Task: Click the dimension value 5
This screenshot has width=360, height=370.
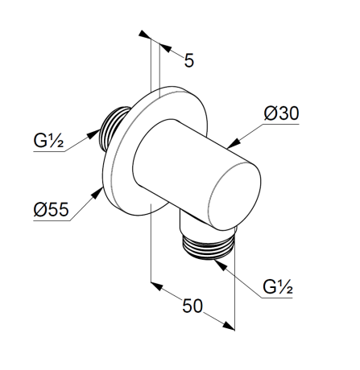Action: click(189, 60)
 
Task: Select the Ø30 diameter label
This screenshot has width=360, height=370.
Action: click(281, 113)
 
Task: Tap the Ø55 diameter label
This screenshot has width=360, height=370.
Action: click(51, 209)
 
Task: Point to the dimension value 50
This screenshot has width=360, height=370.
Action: click(192, 306)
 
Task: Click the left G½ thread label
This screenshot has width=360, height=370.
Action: click(48, 141)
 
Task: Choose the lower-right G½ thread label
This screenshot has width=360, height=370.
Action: click(278, 287)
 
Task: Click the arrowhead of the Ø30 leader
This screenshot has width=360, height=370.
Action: click(233, 143)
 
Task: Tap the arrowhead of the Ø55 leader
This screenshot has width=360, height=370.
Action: click(97, 193)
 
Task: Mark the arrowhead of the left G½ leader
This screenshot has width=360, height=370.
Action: click(94, 134)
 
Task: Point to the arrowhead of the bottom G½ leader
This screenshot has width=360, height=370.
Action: click(221, 265)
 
